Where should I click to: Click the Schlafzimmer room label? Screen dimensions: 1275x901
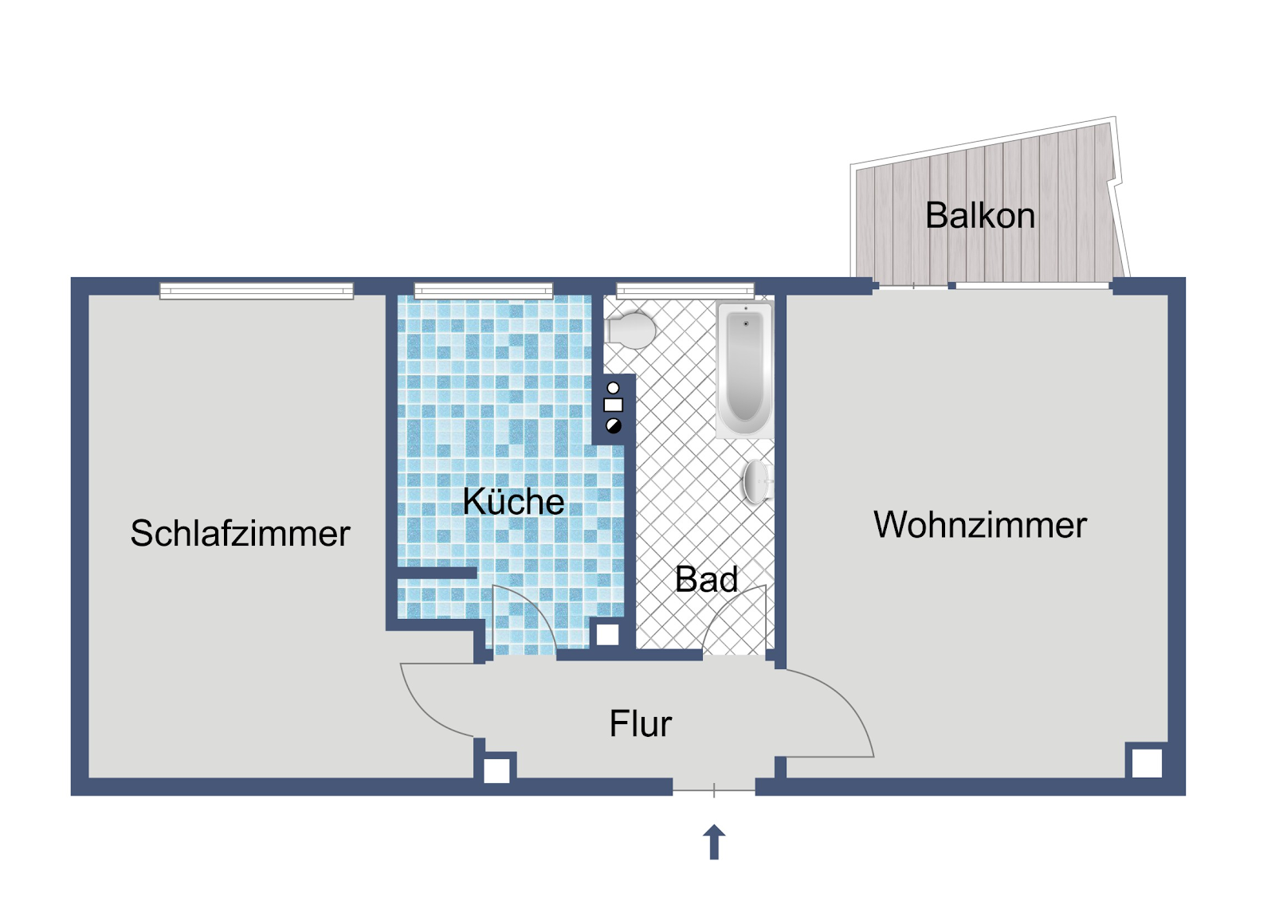pos(240,533)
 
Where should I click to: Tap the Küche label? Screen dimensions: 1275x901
pos(513,501)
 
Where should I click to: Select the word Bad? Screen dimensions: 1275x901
pos(706,579)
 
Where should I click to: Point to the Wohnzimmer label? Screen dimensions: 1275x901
pos(980,525)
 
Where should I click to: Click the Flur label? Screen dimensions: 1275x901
pos(641,723)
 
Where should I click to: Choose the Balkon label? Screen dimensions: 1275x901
pos(980,215)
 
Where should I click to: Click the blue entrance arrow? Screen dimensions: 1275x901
pos(714,842)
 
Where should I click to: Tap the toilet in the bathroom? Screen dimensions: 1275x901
pos(630,330)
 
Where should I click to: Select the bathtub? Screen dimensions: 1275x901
pos(745,370)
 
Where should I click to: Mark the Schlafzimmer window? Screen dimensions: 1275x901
pos(256,291)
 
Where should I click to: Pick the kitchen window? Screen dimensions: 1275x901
pos(483,291)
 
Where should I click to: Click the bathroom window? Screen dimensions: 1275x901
pos(685,291)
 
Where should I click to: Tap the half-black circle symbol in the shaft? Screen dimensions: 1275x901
pos(613,425)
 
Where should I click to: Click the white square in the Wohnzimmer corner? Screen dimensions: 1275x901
pos(1147,762)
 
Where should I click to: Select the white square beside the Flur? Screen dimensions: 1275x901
pos(497,770)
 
